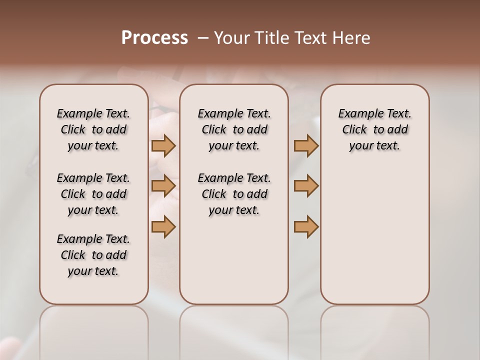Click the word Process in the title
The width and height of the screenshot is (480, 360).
[154, 38]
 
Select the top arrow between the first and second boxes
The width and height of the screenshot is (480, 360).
[163, 146]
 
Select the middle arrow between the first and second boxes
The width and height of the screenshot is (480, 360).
[163, 186]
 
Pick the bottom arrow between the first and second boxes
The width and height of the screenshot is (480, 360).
[163, 226]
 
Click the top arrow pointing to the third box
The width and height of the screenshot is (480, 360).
[306, 146]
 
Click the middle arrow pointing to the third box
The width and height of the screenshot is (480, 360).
[306, 186]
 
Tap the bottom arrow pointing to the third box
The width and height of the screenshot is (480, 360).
[306, 226]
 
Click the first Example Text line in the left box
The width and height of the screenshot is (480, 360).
[93, 114]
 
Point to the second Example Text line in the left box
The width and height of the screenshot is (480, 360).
[93, 178]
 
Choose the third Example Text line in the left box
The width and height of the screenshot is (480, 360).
[93, 239]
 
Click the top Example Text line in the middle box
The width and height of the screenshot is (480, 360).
[234, 114]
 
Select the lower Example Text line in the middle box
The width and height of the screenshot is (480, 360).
[234, 178]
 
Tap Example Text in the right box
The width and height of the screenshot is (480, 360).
[374, 114]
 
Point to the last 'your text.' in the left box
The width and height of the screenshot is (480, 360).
[93, 271]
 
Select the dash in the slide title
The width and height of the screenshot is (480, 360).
[203, 38]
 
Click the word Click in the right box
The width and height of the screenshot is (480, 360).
[354, 130]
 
